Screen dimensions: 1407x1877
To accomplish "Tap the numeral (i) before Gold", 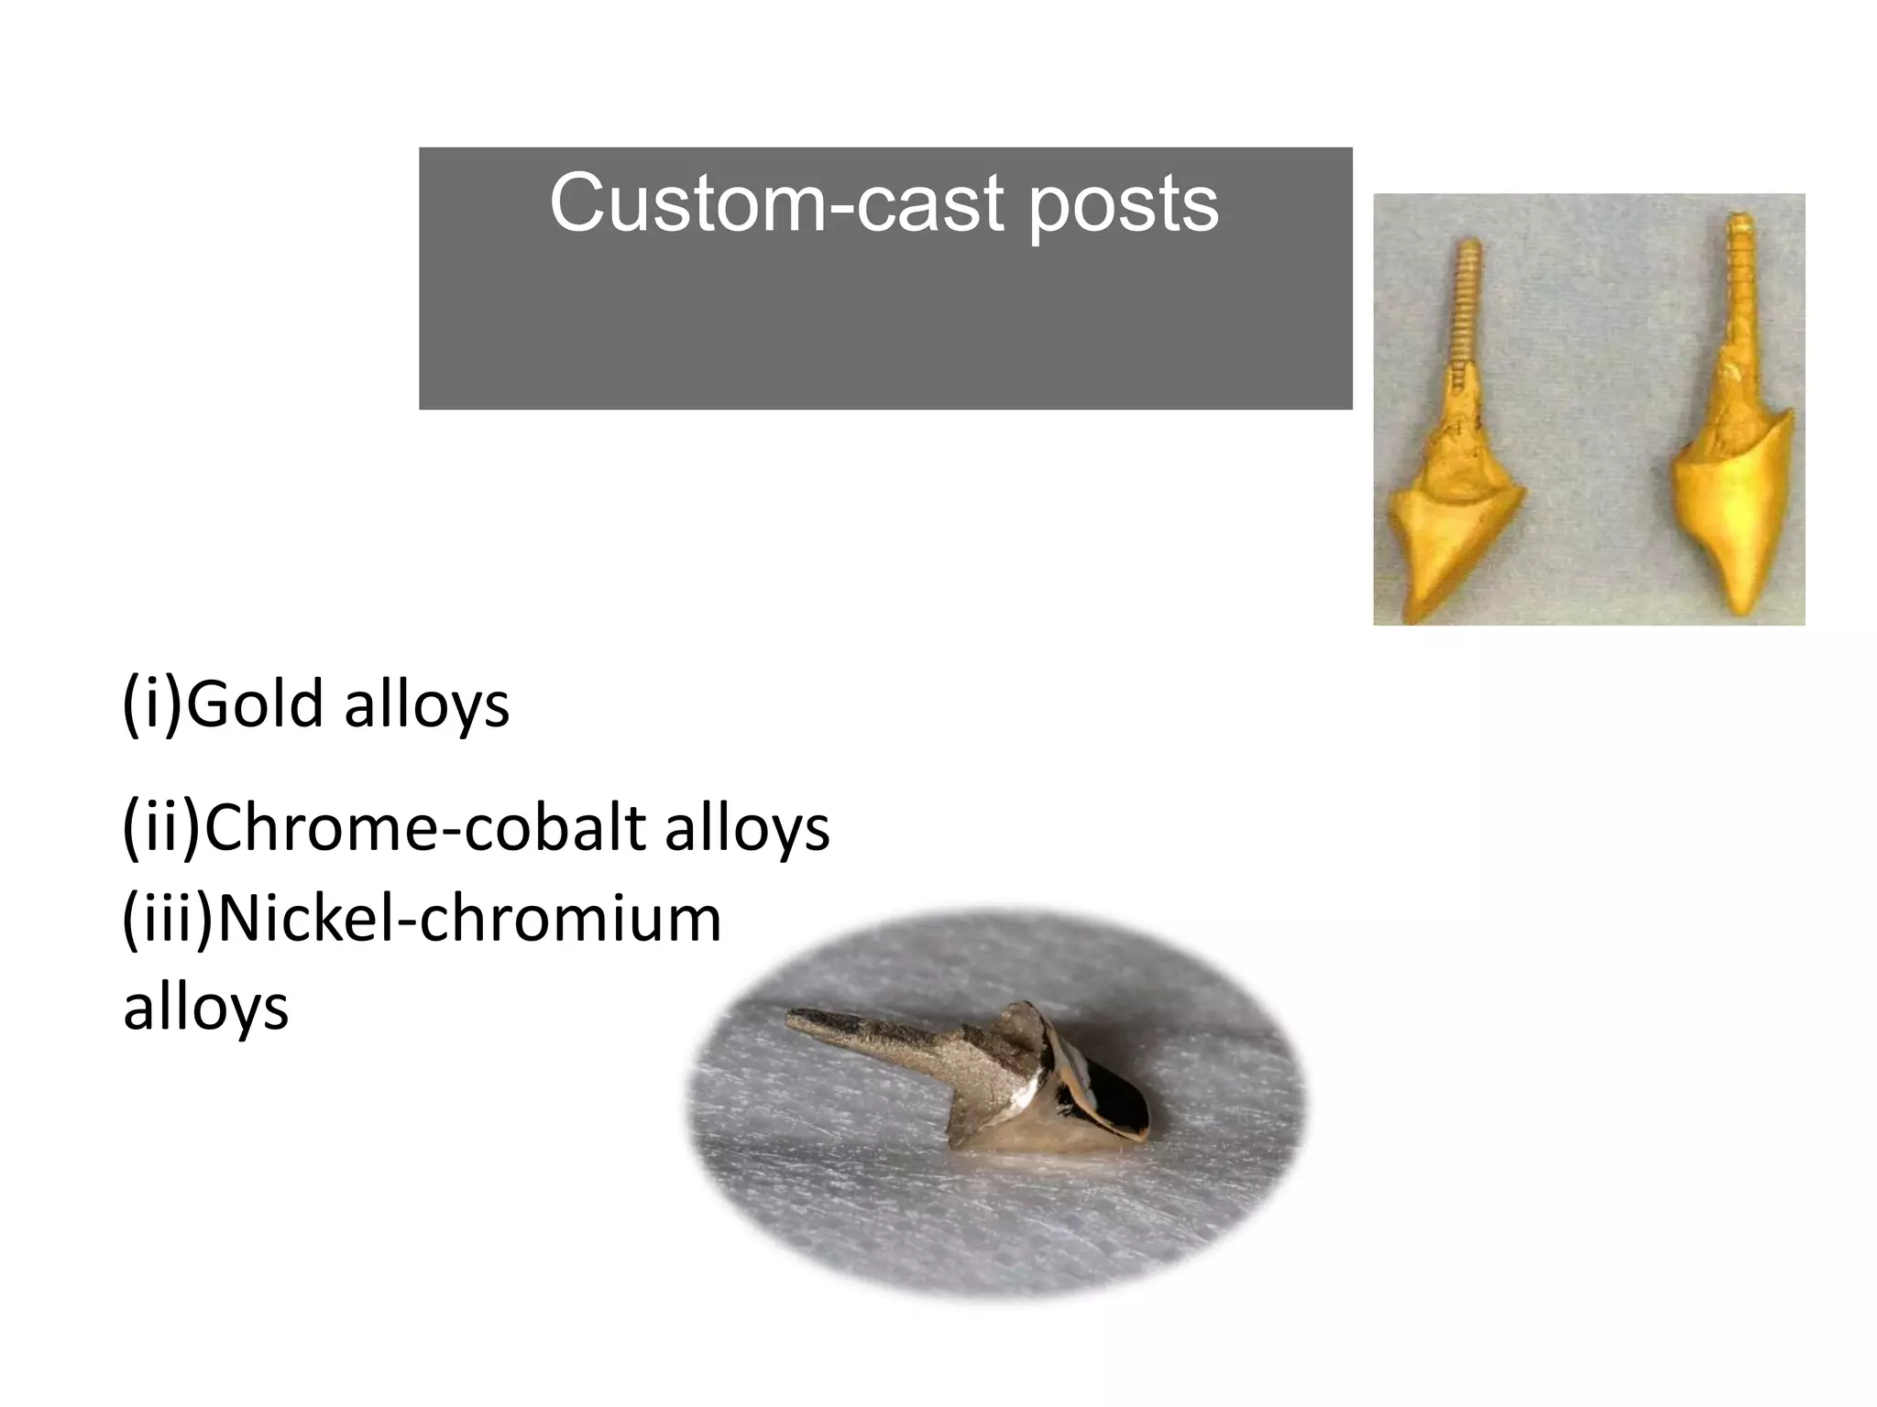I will (x=153, y=705).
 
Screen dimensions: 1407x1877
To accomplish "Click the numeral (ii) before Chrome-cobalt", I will (x=161, y=827).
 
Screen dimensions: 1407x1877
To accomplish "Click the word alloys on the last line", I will (x=206, y=1008).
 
